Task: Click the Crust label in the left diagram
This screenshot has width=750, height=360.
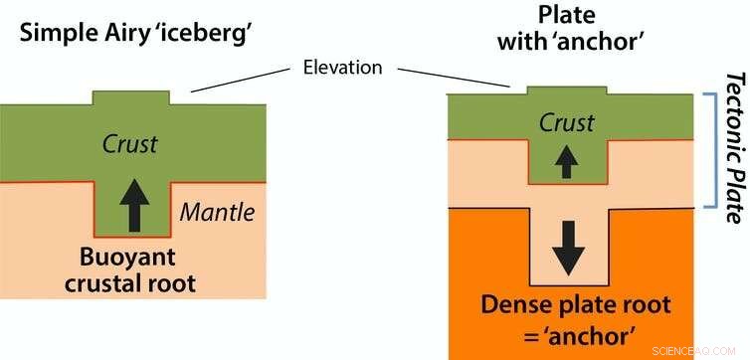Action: (130, 143)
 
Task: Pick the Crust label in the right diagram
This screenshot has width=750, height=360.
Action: (566, 122)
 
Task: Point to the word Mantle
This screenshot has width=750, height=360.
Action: (218, 211)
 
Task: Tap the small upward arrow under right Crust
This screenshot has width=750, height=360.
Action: (566, 161)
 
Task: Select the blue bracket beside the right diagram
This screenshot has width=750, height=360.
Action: (710, 150)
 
